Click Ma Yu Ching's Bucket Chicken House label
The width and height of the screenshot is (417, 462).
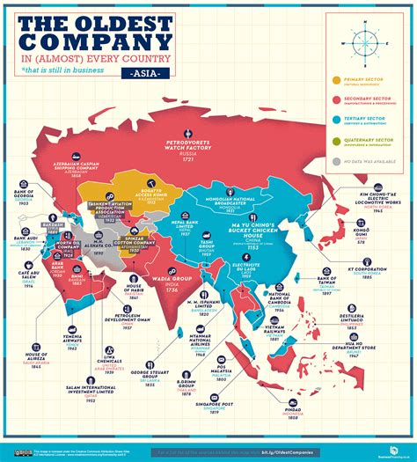pyautogui.click(x=252, y=231)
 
